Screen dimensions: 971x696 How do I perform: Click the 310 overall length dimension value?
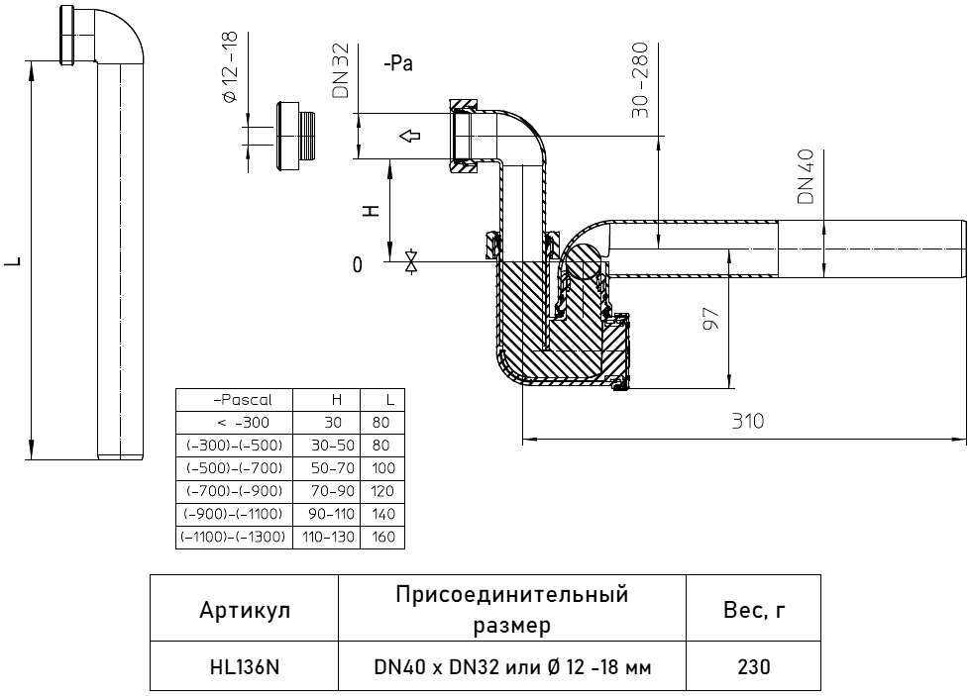click(747, 422)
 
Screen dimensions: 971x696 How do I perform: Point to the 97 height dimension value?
click(712, 319)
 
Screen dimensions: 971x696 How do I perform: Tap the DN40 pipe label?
click(807, 177)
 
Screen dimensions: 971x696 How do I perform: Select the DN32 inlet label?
click(341, 70)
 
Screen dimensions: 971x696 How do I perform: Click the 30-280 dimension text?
click(640, 80)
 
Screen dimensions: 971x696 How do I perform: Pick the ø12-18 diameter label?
click(229, 67)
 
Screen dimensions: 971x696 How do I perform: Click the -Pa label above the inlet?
click(398, 63)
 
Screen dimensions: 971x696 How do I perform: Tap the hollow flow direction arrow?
click(409, 136)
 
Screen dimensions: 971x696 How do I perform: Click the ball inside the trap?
click(583, 261)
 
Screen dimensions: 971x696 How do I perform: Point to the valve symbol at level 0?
click(410, 261)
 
